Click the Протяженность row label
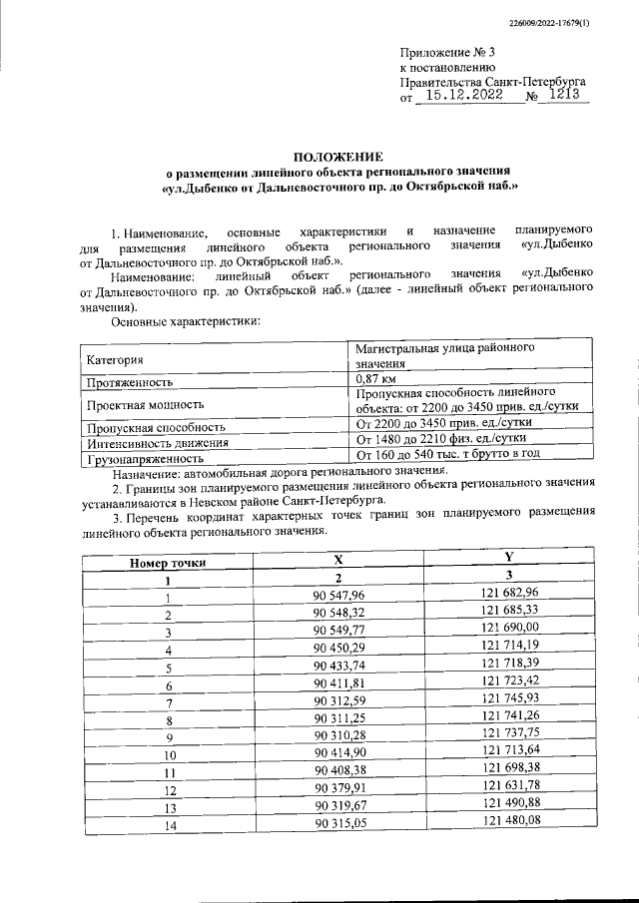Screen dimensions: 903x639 click(x=131, y=381)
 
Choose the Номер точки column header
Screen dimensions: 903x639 click(x=168, y=562)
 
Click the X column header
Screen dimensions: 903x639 click(x=338, y=561)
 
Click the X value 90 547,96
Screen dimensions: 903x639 click(x=339, y=596)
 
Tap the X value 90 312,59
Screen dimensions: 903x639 click(x=339, y=701)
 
